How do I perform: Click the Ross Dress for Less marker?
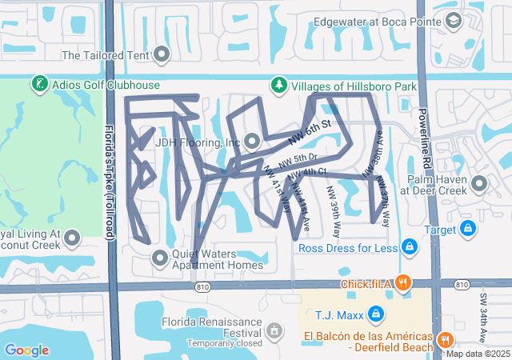click(410, 247)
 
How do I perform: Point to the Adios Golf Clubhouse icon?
click(38, 84)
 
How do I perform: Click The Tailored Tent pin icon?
click(162, 55)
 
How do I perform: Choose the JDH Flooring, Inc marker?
click(253, 142)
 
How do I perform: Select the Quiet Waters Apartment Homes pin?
click(160, 257)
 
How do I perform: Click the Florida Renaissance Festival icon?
click(275, 330)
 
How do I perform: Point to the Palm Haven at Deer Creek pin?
click(479, 185)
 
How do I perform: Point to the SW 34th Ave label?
click(484, 313)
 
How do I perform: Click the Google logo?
click(26, 350)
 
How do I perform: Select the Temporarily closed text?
click(225, 343)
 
